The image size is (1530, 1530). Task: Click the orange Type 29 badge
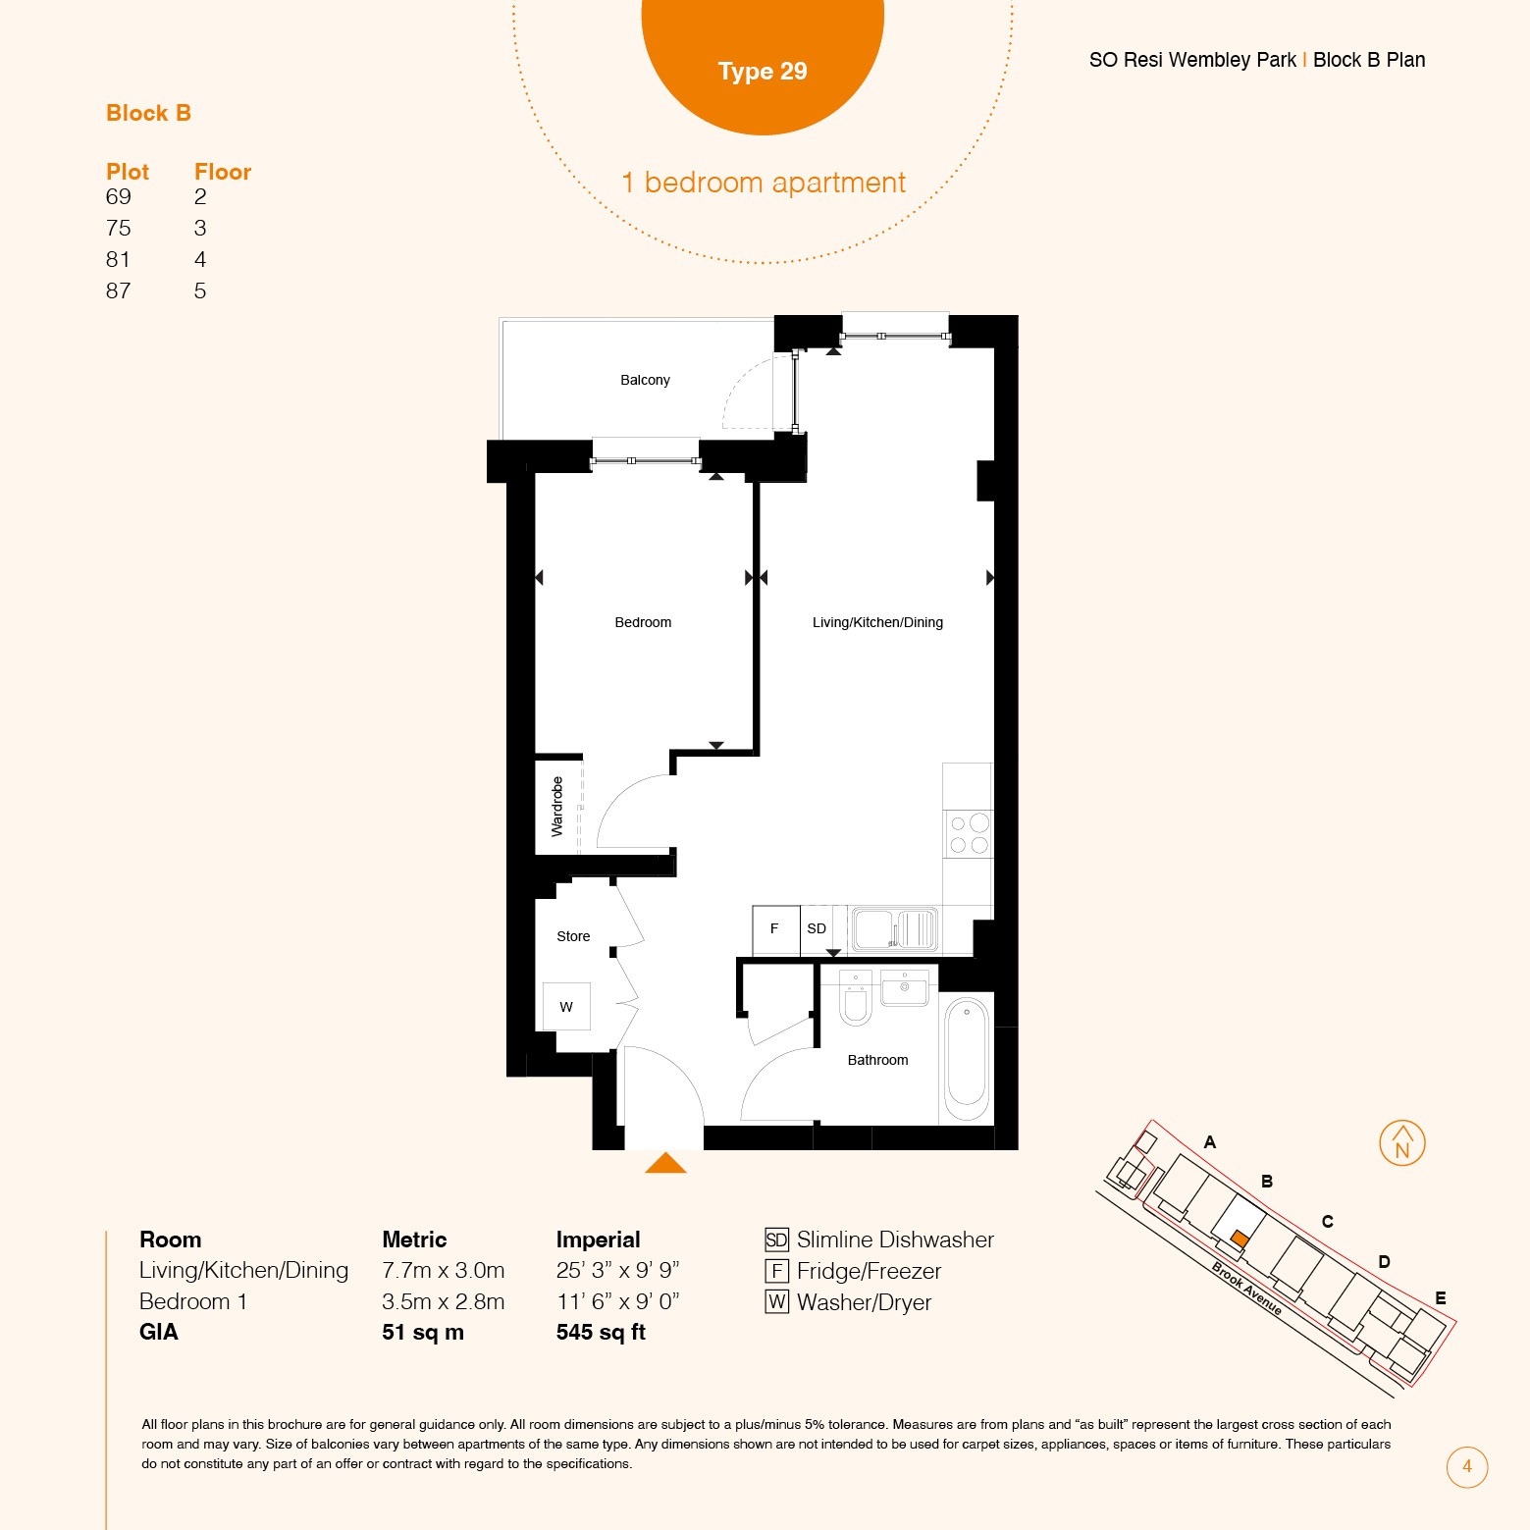tap(763, 59)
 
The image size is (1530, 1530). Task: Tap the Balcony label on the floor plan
tap(645, 380)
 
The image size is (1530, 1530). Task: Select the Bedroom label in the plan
tap(643, 622)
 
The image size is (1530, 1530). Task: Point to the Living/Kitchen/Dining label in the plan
tap(877, 622)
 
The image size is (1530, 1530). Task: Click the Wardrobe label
tap(557, 807)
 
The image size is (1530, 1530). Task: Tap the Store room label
tap(573, 936)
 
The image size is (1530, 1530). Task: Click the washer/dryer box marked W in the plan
tap(566, 1006)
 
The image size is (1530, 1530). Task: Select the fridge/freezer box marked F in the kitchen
tap(775, 929)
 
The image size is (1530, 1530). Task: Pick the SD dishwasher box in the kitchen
tap(817, 929)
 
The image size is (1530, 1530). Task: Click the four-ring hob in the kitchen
tap(968, 834)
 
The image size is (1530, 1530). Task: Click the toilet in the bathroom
tap(856, 999)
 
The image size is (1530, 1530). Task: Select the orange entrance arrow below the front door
tap(665, 1163)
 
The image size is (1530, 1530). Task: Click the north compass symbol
tap(1402, 1143)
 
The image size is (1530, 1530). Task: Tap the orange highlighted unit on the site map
tap(1240, 1239)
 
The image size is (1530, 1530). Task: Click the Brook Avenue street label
tap(1246, 1288)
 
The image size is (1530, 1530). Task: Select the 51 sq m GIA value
tap(423, 1332)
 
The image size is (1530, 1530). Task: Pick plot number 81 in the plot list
tap(118, 259)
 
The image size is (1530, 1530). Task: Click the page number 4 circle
tap(1467, 1467)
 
